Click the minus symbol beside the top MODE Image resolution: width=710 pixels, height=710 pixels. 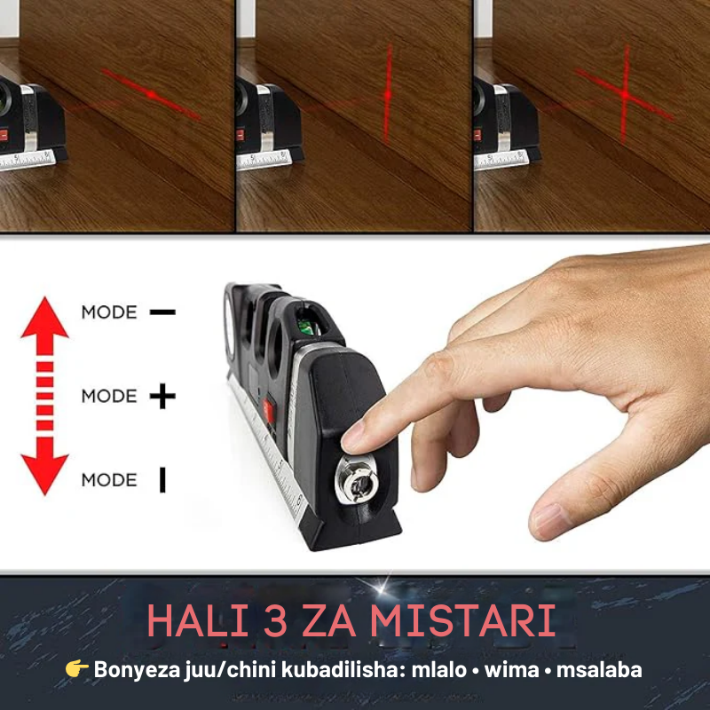(162, 312)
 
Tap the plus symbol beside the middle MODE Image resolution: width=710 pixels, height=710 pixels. (162, 396)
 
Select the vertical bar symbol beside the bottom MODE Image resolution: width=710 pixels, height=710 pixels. (162, 480)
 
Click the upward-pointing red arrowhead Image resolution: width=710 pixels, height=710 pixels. (44, 319)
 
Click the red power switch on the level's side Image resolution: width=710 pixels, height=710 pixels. (269, 408)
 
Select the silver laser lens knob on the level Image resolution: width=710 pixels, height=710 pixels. (357, 479)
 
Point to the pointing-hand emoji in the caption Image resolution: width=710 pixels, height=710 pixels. (76, 668)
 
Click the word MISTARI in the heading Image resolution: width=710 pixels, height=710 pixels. (462, 620)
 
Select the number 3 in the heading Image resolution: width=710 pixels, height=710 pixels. (275, 620)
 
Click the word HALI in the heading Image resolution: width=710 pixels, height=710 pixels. (198, 620)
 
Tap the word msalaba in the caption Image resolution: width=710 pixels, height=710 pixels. (599, 670)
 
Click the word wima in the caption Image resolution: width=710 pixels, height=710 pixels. (512, 670)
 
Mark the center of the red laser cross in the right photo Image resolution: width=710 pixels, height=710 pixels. (625, 95)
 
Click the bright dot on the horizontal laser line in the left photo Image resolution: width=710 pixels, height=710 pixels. (152, 95)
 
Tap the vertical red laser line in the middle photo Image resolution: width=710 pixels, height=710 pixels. (388, 93)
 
